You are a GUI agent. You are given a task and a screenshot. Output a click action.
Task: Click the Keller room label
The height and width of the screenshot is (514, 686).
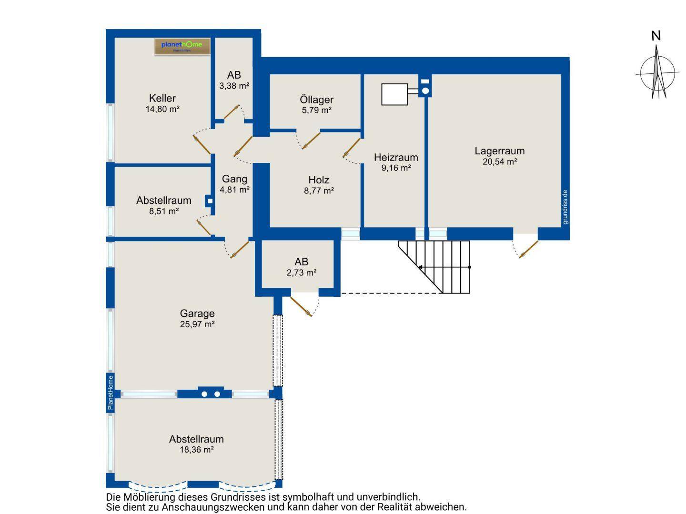coord(162,98)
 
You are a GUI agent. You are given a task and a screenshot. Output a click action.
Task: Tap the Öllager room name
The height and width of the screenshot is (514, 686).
coord(316,100)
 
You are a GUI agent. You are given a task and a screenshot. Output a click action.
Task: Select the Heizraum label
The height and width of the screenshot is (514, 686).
coord(396,157)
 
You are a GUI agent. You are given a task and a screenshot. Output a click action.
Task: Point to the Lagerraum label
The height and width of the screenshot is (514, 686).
coord(499,151)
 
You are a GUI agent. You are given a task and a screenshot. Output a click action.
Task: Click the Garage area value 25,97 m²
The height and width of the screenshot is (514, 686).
coord(197,324)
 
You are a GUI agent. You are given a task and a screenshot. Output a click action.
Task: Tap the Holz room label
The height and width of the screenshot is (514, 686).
coord(319,180)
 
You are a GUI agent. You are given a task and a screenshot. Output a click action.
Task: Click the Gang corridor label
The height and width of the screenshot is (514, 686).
coord(234,179)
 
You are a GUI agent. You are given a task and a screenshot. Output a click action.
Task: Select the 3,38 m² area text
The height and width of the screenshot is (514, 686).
coord(234,86)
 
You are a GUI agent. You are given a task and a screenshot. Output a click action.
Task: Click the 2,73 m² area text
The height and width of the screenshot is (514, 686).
coord(301,272)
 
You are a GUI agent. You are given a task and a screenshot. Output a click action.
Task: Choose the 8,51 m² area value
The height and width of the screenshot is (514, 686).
coord(163,211)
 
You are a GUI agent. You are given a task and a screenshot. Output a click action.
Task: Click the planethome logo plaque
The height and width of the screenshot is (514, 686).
coord(182,46)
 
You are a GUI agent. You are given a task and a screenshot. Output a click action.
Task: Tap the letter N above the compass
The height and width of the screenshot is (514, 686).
coord(656,36)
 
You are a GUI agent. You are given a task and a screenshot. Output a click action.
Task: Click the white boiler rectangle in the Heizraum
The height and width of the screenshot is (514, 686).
coord(394,94)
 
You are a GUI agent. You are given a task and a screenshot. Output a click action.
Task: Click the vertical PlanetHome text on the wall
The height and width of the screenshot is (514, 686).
coord(110,393)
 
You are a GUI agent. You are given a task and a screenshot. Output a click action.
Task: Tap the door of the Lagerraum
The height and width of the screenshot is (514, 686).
coord(528,249)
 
